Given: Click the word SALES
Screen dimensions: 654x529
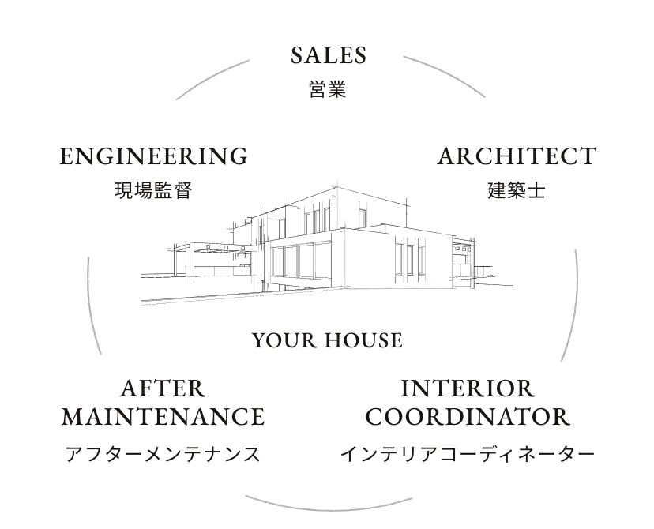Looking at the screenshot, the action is pos(329,55).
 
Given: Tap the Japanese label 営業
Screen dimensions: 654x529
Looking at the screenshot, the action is pos(328,89).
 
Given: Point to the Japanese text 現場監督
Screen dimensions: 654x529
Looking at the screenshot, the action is pos(153,191).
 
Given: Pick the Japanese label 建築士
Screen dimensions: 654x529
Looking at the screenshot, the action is pos(517,191).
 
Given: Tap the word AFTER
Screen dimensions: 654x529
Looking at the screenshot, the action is pos(163,389).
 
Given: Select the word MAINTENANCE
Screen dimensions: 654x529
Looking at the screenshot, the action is pos(163,416).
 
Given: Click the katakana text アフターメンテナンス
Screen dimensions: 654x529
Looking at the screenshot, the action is pos(163,453).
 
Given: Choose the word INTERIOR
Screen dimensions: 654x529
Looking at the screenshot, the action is pos(468,389).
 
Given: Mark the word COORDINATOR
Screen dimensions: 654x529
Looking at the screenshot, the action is pos(468,416).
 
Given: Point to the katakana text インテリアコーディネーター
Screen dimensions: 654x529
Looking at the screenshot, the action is pos(468,453).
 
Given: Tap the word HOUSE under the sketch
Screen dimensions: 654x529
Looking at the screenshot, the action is pos(363,340).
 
